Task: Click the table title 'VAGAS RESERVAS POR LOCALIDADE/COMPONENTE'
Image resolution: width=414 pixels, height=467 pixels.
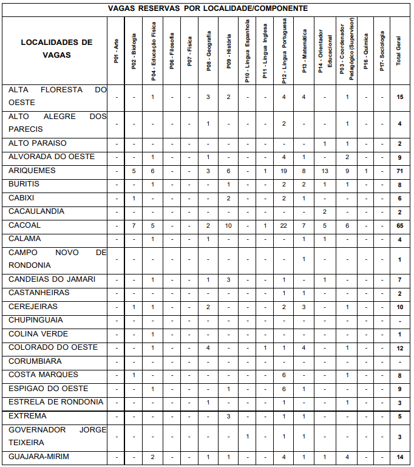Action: pyautogui.click(x=208, y=9)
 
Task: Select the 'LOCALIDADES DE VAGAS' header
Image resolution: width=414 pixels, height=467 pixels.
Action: pyautogui.click(x=56, y=49)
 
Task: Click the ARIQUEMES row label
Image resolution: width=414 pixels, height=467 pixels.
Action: pyautogui.click(x=32, y=171)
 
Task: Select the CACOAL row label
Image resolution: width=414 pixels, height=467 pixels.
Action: pyautogui.click(x=25, y=225)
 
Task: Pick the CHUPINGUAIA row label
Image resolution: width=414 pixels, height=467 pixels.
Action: pyautogui.click(x=36, y=320)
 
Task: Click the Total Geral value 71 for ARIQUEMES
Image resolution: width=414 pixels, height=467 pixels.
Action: pyautogui.click(x=399, y=171)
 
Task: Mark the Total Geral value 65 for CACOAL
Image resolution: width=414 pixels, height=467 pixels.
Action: pyautogui.click(x=399, y=226)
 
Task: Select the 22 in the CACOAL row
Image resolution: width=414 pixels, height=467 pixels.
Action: pyautogui.click(x=283, y=226)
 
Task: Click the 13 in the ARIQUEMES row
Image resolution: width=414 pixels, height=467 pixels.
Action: pyautogui.click(x=325, y=171)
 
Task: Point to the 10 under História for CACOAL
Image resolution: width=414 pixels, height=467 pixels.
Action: pyautogui.click(x=228, y=226)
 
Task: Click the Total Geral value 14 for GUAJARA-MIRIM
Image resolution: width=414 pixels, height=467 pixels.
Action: pyautogui.click(x=399, y=457)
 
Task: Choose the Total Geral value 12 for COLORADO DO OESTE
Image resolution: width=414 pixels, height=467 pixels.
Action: pyautogui.click(x=399, y=348)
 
